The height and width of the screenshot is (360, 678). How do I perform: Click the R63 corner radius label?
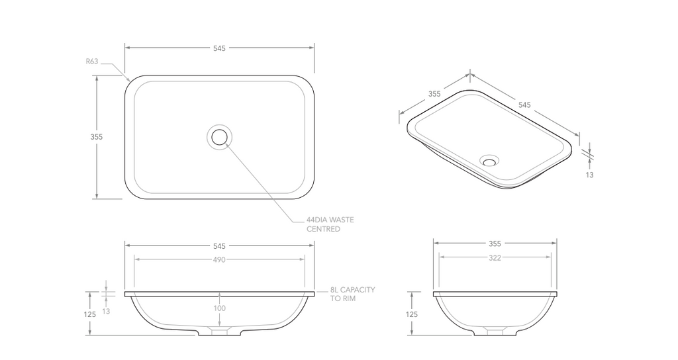pyautogui.click(x=92, y=62)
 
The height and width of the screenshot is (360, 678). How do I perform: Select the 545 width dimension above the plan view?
pyautogui.click(x=219, y=48)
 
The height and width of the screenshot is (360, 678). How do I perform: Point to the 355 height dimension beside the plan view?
pyautogui.click(x=97, y=137)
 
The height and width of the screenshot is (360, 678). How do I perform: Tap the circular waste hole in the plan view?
pyautogui.click(x=219, y=137)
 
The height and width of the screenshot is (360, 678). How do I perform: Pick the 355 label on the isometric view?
pyautogui.click(x=434, y=94)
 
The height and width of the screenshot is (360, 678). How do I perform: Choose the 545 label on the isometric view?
pyautogui.click(x=524, y=105)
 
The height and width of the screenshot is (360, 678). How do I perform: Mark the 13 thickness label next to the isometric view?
pyautogui.click(x=589, y=175)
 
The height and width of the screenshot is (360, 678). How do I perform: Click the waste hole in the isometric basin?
pyautogui.click(x=490, y=159)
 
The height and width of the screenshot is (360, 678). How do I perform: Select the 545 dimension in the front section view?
pyautogui.click(x=219, y=245)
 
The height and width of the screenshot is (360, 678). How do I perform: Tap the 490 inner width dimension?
pyautogui.click(x=219, y=260)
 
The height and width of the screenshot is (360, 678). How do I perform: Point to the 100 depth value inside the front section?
pyautogui.click(x=219, y=308)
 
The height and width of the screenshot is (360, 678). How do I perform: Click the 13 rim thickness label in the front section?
pyautogui.click(x=106, y=311)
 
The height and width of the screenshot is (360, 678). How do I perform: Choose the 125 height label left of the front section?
pyautogui.click(x=90, y=315)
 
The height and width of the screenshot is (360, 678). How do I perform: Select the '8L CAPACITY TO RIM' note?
pyautogui.click(x=353, y=294)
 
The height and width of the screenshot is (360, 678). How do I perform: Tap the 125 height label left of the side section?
pyautogui.click(x=412, y=315)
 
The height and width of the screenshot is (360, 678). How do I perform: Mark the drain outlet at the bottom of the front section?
pyautogui.click(x=219, y=331)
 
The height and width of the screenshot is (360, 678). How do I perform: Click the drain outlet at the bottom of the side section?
pyautogui.click(x=495, y=331)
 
